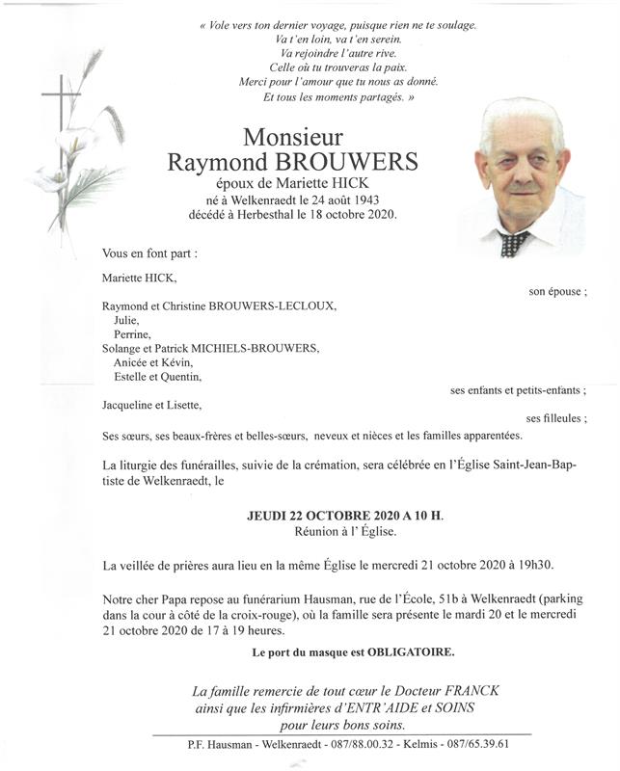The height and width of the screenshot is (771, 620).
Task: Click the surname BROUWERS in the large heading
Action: tap(354, 162)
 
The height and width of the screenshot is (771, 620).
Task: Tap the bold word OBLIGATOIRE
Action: tap(414, 652)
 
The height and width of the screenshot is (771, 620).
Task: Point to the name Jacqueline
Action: tap(130, 405)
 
